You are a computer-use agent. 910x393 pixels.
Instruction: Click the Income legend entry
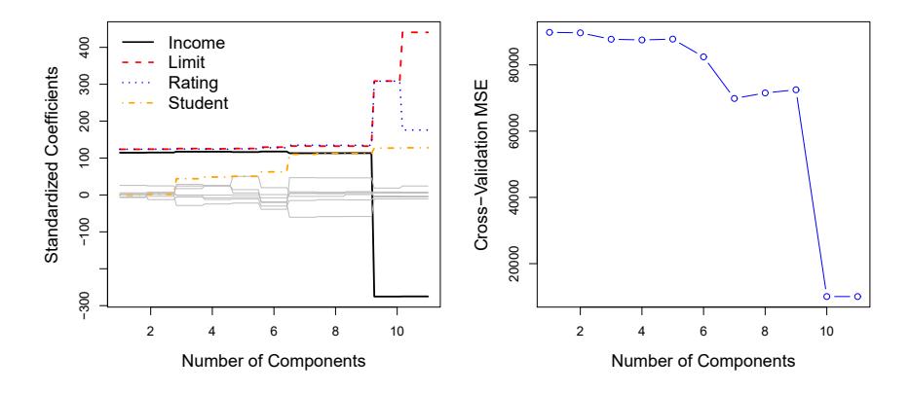click(x=196, y=44)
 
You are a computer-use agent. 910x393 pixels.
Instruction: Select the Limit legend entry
click(x=190, y=63)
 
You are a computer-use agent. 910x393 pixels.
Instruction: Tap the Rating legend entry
click(x=193, y=83)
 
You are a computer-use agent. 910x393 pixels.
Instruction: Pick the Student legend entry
click(x=198, y=102)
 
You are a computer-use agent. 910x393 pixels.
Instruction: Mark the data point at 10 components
click(x=826, y=297)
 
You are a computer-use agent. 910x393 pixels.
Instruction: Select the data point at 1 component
click(x=550, y=32)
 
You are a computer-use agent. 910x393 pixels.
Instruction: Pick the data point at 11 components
click(x=856, y=297)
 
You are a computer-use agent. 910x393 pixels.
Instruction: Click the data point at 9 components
click(x=795, y=89)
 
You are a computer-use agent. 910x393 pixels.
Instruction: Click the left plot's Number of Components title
click(x=273, y=361)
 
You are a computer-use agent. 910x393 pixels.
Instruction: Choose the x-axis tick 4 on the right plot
click(x=641, y=332)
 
